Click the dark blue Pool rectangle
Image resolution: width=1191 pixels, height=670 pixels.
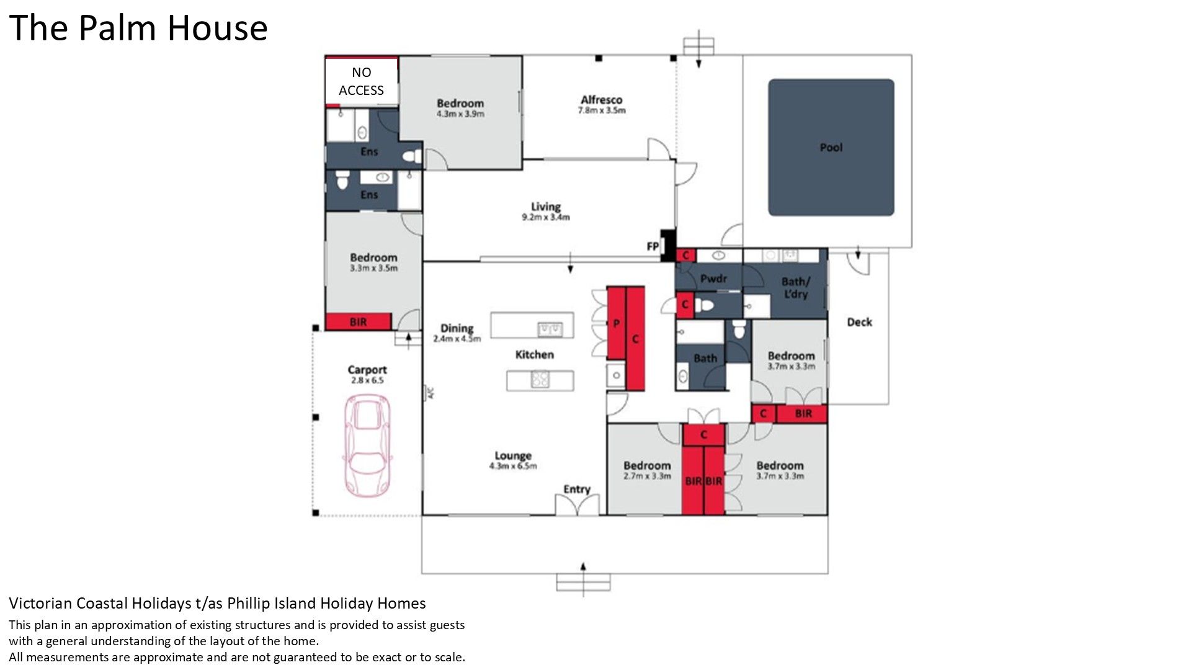click(831, 147)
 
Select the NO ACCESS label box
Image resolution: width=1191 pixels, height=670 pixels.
click(361, 81)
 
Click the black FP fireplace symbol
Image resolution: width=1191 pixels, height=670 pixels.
click(667, 245)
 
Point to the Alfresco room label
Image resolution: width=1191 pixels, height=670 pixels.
click(601, 99)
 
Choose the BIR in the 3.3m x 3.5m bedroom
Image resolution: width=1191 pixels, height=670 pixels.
click(359, 321)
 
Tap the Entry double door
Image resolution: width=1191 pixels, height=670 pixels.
click(578, 505)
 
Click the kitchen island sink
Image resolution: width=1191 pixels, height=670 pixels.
click(550, 328)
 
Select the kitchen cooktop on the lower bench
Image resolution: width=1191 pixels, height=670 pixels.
click(539, 379)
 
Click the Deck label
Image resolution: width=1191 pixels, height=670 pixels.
click(859, 321)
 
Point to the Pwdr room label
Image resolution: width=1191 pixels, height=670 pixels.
click(713, 279)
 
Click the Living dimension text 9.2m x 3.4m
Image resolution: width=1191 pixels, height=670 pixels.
click(546, 217)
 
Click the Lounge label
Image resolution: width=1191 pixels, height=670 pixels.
click(513, 455)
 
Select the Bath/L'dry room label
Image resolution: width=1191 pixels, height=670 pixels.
click(795, 287)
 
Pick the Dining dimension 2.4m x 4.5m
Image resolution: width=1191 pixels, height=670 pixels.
click(457, 339)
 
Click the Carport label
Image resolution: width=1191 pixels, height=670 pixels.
click(367, 370)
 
